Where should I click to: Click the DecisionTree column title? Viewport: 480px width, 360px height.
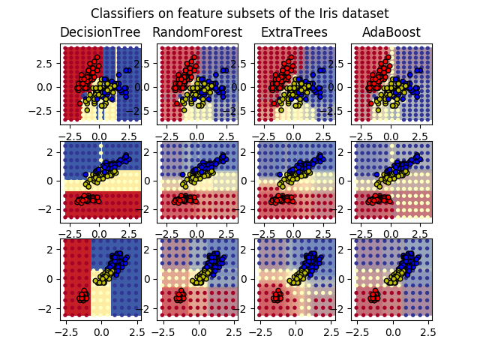click(x=100, y=32)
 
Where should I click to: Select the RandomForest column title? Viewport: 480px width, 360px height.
click(x=197, y=32)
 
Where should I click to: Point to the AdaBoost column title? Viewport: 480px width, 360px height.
click(x=391, y=32)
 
